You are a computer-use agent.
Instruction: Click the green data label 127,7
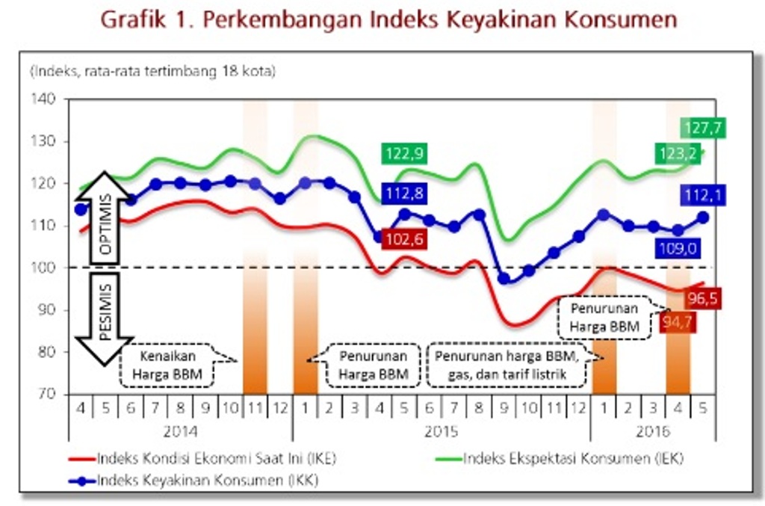point(703,128)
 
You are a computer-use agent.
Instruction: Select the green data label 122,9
point(405,154)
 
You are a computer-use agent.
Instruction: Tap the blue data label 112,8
point(405,194)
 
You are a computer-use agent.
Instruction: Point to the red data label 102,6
point(405,238)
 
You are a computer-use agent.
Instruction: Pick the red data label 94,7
point(678,323)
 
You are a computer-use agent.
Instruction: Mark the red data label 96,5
point(703,299)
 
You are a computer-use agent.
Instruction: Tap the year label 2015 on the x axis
point(441,431)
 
